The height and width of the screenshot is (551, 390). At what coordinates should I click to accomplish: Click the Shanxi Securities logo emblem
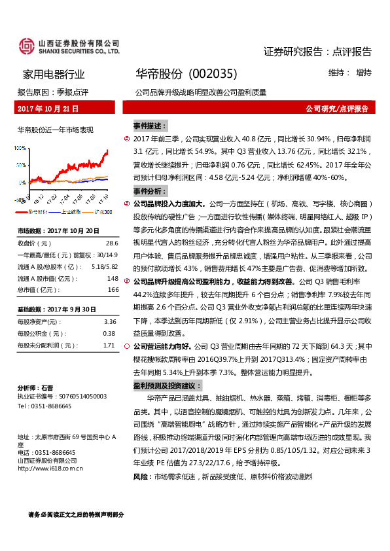(26, 45)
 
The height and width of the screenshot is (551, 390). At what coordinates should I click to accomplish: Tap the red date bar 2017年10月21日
(48, 109)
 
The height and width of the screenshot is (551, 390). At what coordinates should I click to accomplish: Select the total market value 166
(113, 289)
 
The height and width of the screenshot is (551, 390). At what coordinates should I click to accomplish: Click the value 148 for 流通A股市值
(113, 277)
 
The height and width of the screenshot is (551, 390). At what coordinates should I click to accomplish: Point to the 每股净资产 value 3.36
(110, 321)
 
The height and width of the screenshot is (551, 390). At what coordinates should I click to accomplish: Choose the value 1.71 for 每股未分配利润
(109, 345)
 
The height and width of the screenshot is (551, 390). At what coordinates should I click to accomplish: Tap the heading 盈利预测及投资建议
(168, 386)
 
